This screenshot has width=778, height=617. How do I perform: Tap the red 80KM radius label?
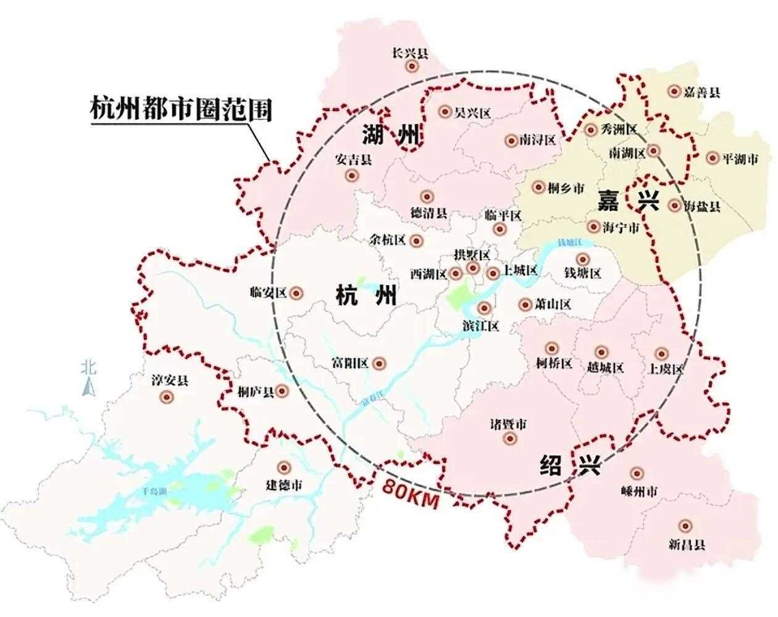click(x=411, y=493)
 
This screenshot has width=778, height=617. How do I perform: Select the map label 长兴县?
click(x=410, y=53)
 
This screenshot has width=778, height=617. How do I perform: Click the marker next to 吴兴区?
click(x=445, y=112)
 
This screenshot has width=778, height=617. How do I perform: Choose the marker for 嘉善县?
click(x=674, y=91)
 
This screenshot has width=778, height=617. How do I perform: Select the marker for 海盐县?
click(x=674, y=205)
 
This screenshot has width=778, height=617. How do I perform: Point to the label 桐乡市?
click(x=566, y=188)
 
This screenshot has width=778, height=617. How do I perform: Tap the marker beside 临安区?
click(x=297, y=292)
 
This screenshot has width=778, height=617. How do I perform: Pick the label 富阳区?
click(x=350, y=363)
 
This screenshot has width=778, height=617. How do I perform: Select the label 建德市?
click(x=284, y=485)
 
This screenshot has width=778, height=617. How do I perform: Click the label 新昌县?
click(x=686, y=544)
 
